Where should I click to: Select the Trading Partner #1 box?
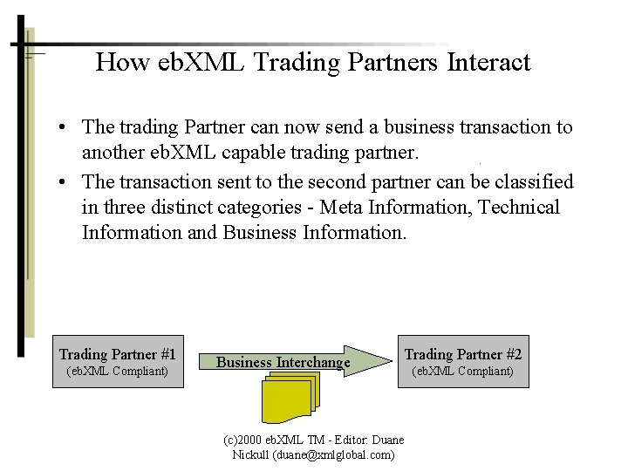coord(118,361)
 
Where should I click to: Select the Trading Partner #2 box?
coord(462,361)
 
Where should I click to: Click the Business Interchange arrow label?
coord(283,362)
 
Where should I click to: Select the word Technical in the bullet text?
coord(518,208)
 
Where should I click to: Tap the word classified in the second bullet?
coord(534,181)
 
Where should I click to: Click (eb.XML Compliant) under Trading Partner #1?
coord(118,372)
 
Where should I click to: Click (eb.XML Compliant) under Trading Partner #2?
coord(462,372)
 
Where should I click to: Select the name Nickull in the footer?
coord(251,454)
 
